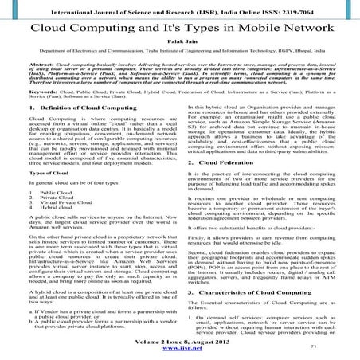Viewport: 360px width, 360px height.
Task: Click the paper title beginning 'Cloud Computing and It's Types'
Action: [x=179, y=29]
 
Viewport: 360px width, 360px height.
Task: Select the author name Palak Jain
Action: [x=179, y=48]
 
